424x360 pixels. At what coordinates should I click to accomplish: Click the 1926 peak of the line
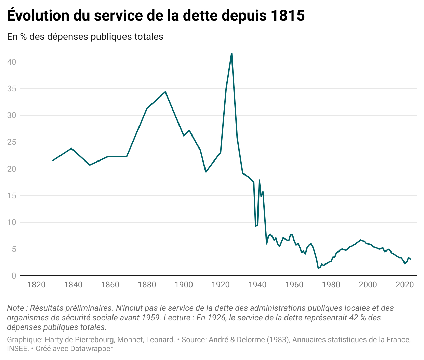pos(232,53)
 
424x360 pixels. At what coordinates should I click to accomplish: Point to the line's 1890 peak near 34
pos(165,92)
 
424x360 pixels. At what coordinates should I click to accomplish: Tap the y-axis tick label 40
pos(12,62)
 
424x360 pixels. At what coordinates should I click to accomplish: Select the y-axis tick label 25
pos(12,142)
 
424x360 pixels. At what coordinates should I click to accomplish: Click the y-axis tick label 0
pos(14,276)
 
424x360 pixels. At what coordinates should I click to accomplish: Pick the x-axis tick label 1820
pos(37,285)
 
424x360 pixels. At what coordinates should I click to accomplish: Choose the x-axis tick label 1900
pos(184,285)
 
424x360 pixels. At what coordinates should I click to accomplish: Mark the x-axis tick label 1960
pos(294,285)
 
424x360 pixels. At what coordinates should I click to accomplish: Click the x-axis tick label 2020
pos(405,285)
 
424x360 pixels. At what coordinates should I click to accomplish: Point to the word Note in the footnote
pos(15,308)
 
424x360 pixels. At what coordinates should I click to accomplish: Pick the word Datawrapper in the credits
pos(91,349)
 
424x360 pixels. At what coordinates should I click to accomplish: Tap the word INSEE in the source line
pos(17,349)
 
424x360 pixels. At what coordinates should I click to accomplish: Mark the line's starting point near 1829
pos(53,160)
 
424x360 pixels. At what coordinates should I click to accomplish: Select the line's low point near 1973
pos(318,268)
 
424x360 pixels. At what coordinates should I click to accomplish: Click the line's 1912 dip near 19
pos(206,172)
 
